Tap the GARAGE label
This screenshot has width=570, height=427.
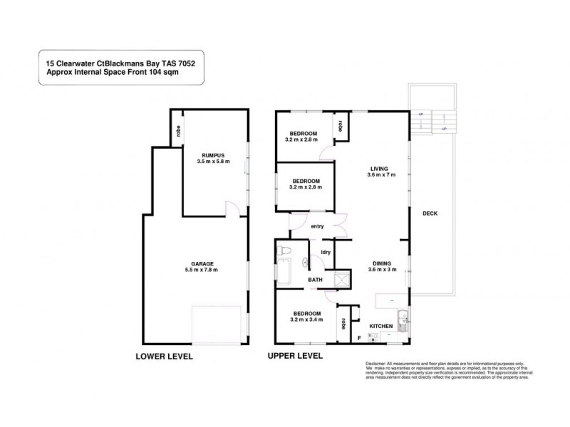coord(200,263)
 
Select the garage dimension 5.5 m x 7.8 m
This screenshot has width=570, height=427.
coord(200,270)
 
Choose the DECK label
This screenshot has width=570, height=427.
coord(430,213)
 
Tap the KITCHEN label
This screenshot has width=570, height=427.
coord(381,325)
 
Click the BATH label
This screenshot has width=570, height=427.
coord(315,280)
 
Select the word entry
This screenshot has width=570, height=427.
coord(318,226)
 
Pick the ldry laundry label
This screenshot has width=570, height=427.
coord(326,251)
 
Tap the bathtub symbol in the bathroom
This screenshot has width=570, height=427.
coord(283,275)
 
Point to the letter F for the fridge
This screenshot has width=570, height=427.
coord(359,336)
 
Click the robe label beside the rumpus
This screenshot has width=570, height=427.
coord(177,132)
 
